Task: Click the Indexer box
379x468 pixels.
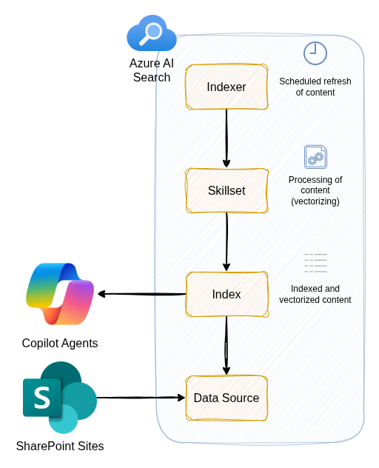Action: pyautogui.click(x=227, y=87)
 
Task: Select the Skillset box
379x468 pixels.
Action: pyautogui.click(x=227, y=190)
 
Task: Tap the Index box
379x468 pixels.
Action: pyautogui.click(x=227, y=294)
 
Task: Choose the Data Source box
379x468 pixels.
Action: pyautogui.click(x=227, y=398)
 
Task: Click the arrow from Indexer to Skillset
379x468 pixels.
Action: pyautogui.click(x=227, y=138)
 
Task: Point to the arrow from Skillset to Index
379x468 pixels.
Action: pyautogui.click(x=227, y=242)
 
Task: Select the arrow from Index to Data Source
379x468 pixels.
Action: pyautogui.click(x=227, y=346)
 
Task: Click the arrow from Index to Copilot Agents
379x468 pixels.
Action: pyautogui.click(x=141, y=294)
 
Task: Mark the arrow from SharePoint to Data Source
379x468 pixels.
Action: pyautogui.click(x=141, y=398)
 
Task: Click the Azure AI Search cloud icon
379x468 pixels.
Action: pyautogui.click(x=152, y=34)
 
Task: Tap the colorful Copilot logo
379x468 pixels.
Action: pyautogui.click(x=60, y=294)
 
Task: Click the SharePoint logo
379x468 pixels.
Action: pyautogui.click(x=59, y=398)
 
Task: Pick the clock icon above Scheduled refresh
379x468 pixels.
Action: pyautogui.click(x=315, y=53)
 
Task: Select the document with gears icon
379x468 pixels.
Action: pyautogui.click(x=315, y=157)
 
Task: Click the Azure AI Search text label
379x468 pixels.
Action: pyautogui.click(x=152, y=70)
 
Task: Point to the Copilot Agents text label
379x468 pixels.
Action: pyautogui.click(x=60, y=343)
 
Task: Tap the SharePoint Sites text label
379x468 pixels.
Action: pyautogui.click(x=60, y=446)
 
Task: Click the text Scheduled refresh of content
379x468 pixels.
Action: pyautogui.click(x=315, y=87)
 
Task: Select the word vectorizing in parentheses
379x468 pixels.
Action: pyautogui.click(x=315, y=201)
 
